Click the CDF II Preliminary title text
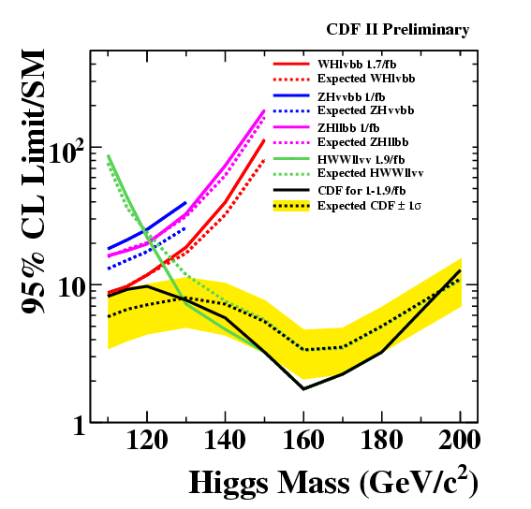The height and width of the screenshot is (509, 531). pyautogui.click(x=398, y=30)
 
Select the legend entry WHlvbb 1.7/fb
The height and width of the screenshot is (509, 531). pyautogui.click(x=357, y=64)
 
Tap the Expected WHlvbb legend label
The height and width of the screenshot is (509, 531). pyautogui.click(x=366, y=79)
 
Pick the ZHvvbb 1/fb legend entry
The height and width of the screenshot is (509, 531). pyautogui.click(x=351, y=96)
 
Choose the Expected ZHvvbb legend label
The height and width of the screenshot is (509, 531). pyautogui.click(x=366, y=110)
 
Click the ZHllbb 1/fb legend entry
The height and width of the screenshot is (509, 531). pyautogui.click(x=348, y=128)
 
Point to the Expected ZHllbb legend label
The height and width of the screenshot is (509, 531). pyautogui.click(x=363, y=142)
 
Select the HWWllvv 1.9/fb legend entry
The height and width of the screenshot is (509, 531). pyautogui.click(x=361, y=159)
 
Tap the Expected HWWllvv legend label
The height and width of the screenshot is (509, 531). pyautogui.click(x=370, y=173)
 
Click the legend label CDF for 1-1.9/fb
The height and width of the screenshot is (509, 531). pyautogui.click(x=361, y=191)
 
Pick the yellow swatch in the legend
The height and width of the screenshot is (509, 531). pyautogui.click(x=291, y=206)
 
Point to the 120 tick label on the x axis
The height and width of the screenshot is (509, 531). pyautogui.click(x=147, y=441)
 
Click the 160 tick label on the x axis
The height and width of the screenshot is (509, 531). pyautogui.click(x=303, y=441)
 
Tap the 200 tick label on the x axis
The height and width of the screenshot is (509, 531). pyautogui.click(x=460, y=441)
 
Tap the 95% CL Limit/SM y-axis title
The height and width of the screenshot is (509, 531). pyautogui.click(x=33, y=182)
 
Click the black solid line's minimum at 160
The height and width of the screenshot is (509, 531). pyautogui.click(x=303, y=389)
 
